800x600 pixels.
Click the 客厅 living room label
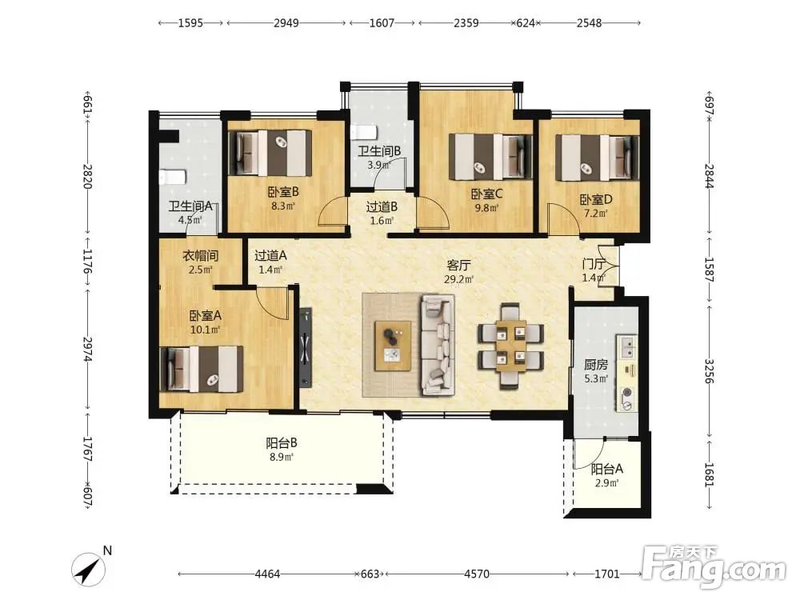458,266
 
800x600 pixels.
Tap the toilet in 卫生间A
173,177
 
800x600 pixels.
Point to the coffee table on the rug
393,346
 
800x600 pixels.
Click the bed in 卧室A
202,369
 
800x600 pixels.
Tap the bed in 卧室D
597,158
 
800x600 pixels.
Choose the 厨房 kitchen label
596,365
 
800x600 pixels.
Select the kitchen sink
627,346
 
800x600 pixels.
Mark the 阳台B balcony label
282,443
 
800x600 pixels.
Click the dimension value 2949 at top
286,23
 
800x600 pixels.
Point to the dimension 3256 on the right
709,371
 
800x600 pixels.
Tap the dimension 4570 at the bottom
477,574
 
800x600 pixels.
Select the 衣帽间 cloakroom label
201,256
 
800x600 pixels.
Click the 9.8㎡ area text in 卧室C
486,208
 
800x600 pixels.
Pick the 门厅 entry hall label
594,264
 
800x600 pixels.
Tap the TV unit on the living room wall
305,347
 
